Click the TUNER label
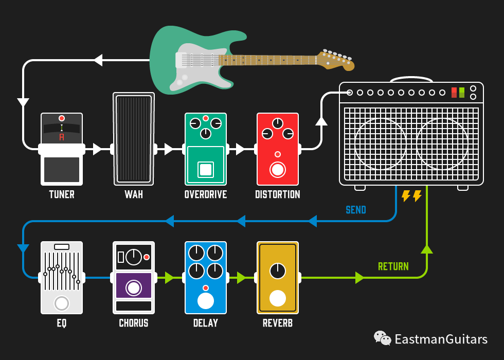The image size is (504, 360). (x=62, y=194)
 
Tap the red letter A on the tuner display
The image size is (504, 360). (x=62, y=137)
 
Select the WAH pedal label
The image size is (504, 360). (x=134, y=194)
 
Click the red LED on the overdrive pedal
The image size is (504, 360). (x=206, y=118)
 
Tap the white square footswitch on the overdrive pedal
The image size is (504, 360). (x=206, y=170)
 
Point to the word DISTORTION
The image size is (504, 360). (x=277, y=194)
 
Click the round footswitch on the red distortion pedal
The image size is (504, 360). (x=278, y=170)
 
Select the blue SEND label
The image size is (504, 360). (x=356, y=210)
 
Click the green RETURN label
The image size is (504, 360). (x=393, y=266)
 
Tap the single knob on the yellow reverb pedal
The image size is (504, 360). (x=278, y=271)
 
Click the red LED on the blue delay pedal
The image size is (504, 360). (x=206, y=287)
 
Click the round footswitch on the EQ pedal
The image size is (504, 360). (x=62, y=303)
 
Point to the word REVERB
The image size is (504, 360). (x=278, y=323)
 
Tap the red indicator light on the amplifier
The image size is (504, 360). (x=454, y=92)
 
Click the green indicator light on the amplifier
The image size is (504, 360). (x=462, y=92)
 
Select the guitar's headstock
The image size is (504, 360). (x=335, y=60)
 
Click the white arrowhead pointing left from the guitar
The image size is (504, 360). (x=98, y=60)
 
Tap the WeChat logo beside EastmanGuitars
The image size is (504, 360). (x=382, y=338)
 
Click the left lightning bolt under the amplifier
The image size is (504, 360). (x=406, y=196)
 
